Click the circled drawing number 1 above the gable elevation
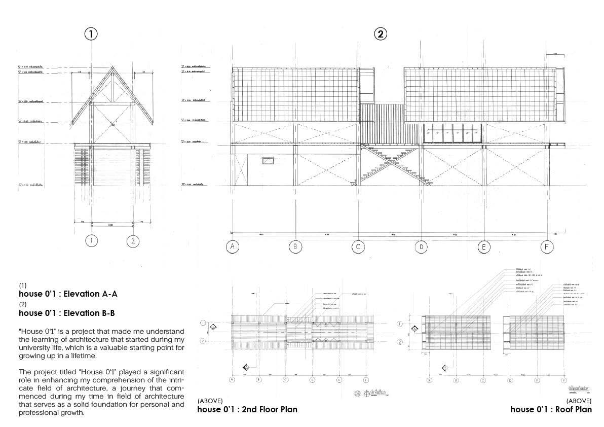pyautogui.click(x=90, y=34)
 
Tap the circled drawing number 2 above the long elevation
pyautogui.click(x=381, y=34)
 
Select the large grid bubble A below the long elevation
pyautogui.click(x=233, y=247)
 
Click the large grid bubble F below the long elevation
pyautogui.click(x=546, y=247)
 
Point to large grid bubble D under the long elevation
pyautogui.click(x=421, y=247)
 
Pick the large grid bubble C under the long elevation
pyautogui.click(x=358, y=247)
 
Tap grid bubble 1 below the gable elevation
pyautogui.click(x=91, y=241)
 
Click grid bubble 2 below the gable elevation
pyautogui.click(x=133, y=241)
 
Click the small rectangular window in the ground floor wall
pyautogui.click(x=268, y=161)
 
